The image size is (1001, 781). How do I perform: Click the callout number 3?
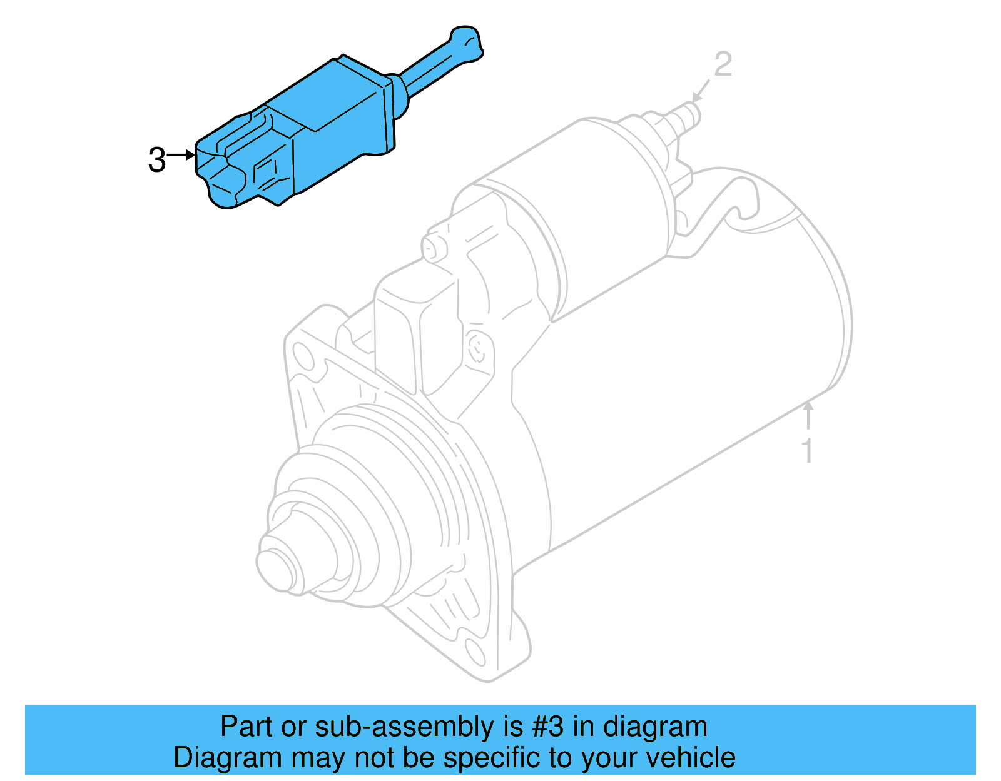tap(157, 160)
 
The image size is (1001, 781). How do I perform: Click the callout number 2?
tap(723, 65)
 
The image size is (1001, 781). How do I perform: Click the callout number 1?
tap(808, 450)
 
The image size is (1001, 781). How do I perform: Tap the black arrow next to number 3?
tap(182, 154)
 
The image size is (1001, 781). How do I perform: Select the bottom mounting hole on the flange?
tap(476, 653)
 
